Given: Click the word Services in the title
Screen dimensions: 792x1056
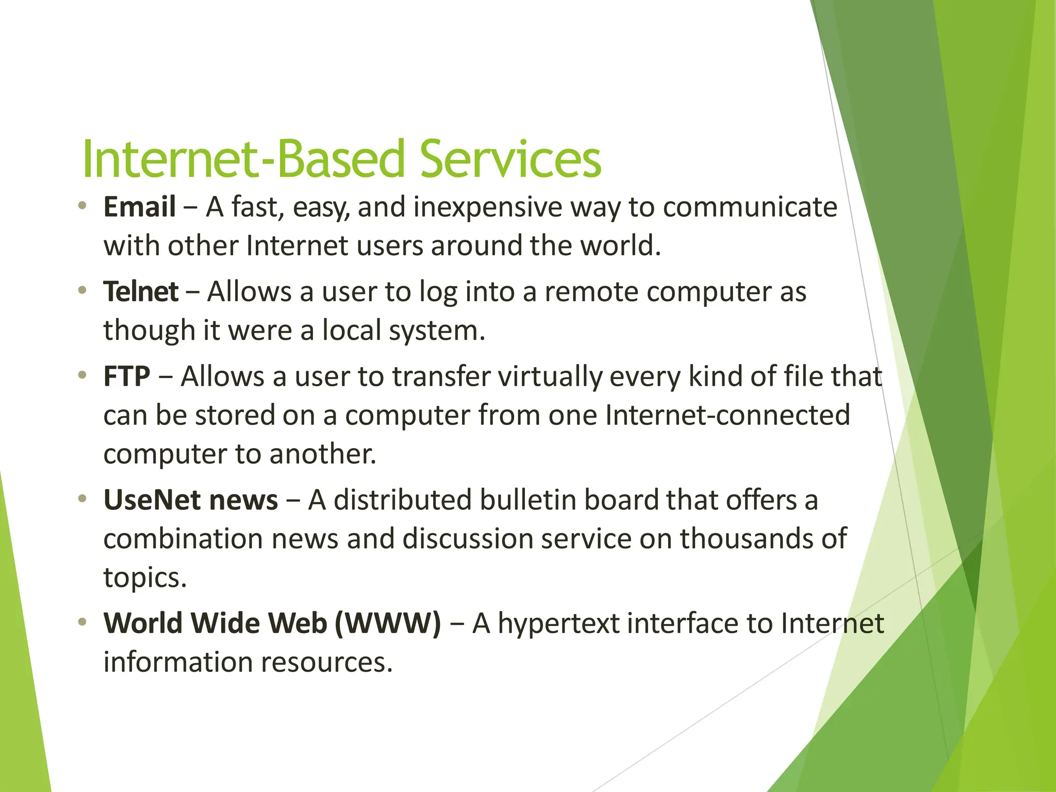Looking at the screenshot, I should pos(510,159).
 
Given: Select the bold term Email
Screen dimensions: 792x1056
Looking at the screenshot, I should pos(140,207).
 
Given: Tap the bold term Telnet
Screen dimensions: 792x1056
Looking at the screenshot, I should pos(141,292).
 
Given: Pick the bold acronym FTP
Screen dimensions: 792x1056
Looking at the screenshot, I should pos(127,376).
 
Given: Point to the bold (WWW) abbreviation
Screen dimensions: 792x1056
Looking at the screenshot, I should pos(388,623).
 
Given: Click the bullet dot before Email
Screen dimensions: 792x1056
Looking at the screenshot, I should pos(81,206).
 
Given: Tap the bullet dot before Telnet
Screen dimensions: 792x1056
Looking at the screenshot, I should pos(81,291).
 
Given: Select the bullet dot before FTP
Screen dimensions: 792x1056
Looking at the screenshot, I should pos(81,375).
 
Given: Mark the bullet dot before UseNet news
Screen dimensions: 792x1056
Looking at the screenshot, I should pos(81,499).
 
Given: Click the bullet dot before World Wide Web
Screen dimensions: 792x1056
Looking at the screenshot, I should pos(81,622).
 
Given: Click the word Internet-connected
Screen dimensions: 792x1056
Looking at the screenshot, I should pos(728,415).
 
